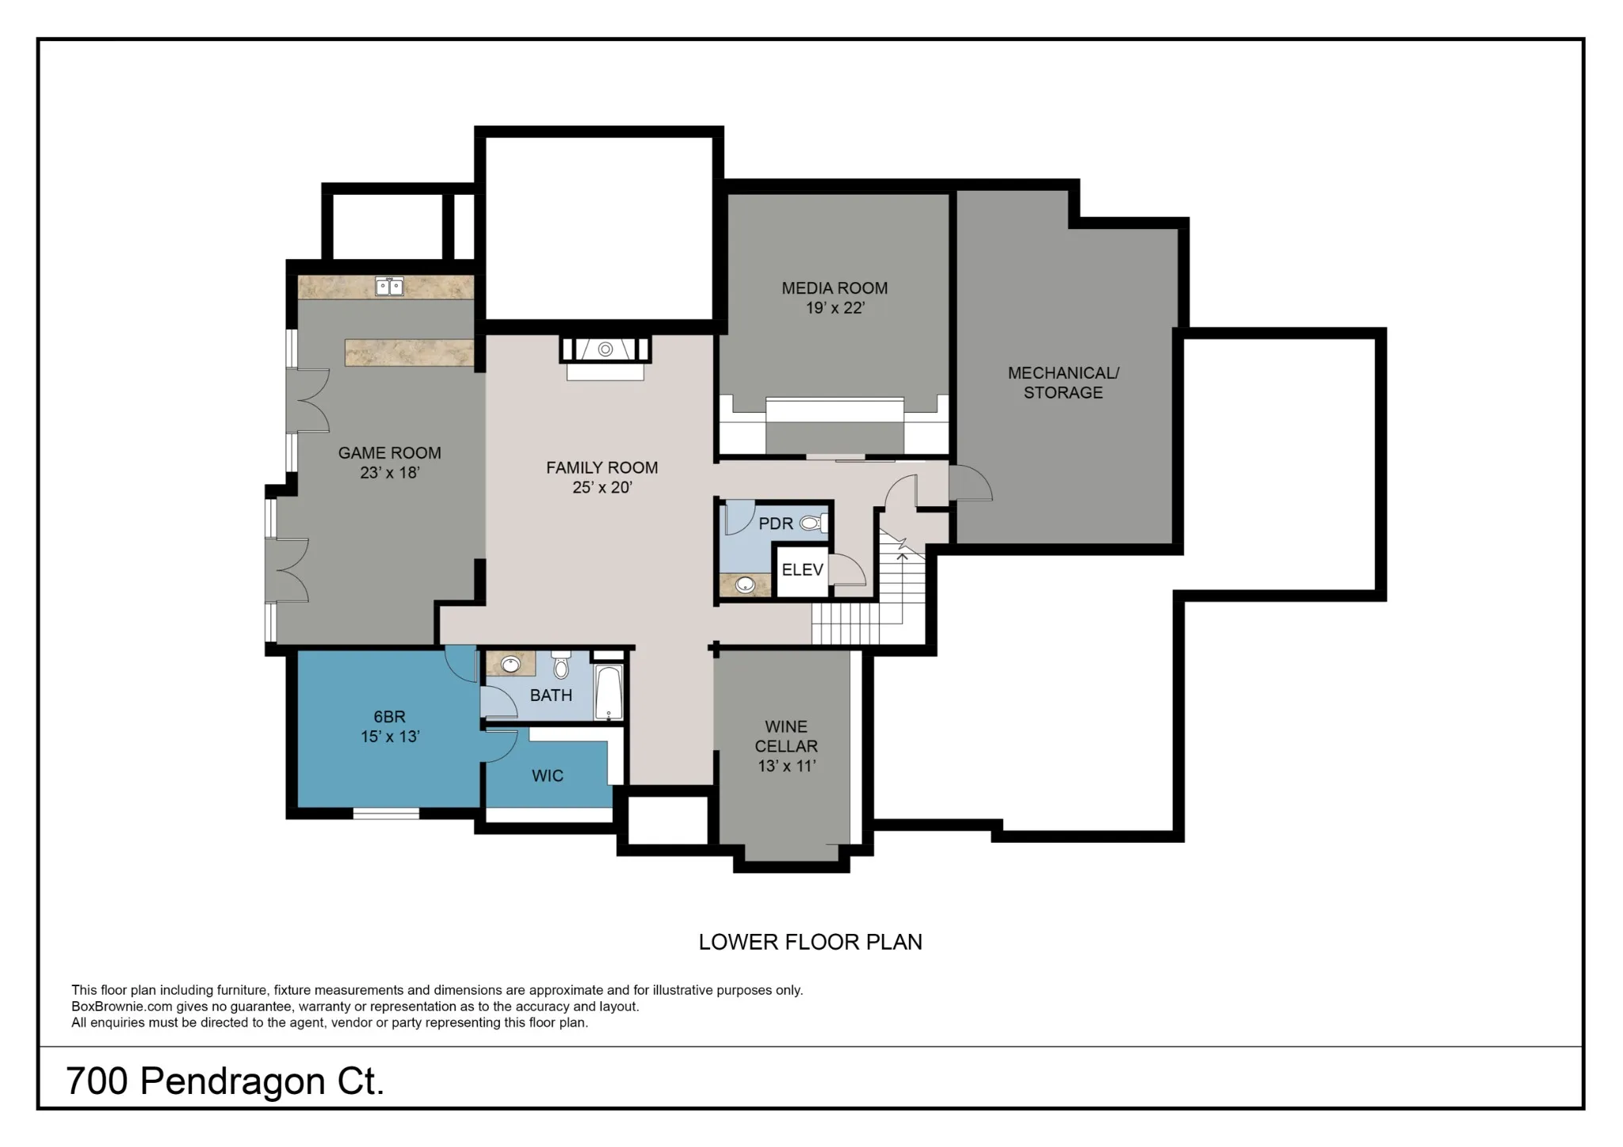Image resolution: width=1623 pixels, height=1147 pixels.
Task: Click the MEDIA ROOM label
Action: pyautogui.click(x=834, y=288)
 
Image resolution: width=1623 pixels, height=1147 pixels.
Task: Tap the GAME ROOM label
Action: pyautogui.click(x=389, y=453)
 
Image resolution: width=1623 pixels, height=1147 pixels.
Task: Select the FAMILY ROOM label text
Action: pyautogui.click(x=601, y=467)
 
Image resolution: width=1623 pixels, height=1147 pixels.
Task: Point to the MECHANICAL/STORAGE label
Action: pyautogui.click(x=1063, y=383)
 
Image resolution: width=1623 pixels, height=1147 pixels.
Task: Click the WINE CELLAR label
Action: pyautogui.click(x=786, y=736)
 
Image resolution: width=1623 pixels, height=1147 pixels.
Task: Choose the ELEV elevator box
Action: pyautogui.click(x=803, y=570)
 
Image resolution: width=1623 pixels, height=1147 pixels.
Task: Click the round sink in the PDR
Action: pyautogui.click(x=745, y=585)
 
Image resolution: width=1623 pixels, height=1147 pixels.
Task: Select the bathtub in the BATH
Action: pyautogui.click(x=609, y=692)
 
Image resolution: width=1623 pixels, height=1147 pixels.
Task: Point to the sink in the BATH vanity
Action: pyautogui.click(x=510, y=665)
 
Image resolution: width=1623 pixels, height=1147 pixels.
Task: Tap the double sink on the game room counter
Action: pyautogui.click(x=389, y=286)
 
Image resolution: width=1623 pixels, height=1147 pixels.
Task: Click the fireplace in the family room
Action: pyautogui.click(x=605, y=349)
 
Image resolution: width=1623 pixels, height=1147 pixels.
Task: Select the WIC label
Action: pyautogui.click(x=548, y=775)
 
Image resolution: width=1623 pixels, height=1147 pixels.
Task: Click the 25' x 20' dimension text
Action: pyautogui.click(x=601, y=487)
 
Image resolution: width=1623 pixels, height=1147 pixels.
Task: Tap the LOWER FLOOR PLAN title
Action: pyautogui.click(x=810, y=942)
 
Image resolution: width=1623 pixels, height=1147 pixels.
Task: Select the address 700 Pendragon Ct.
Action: pyautogui.click(x=225, y=1081)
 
